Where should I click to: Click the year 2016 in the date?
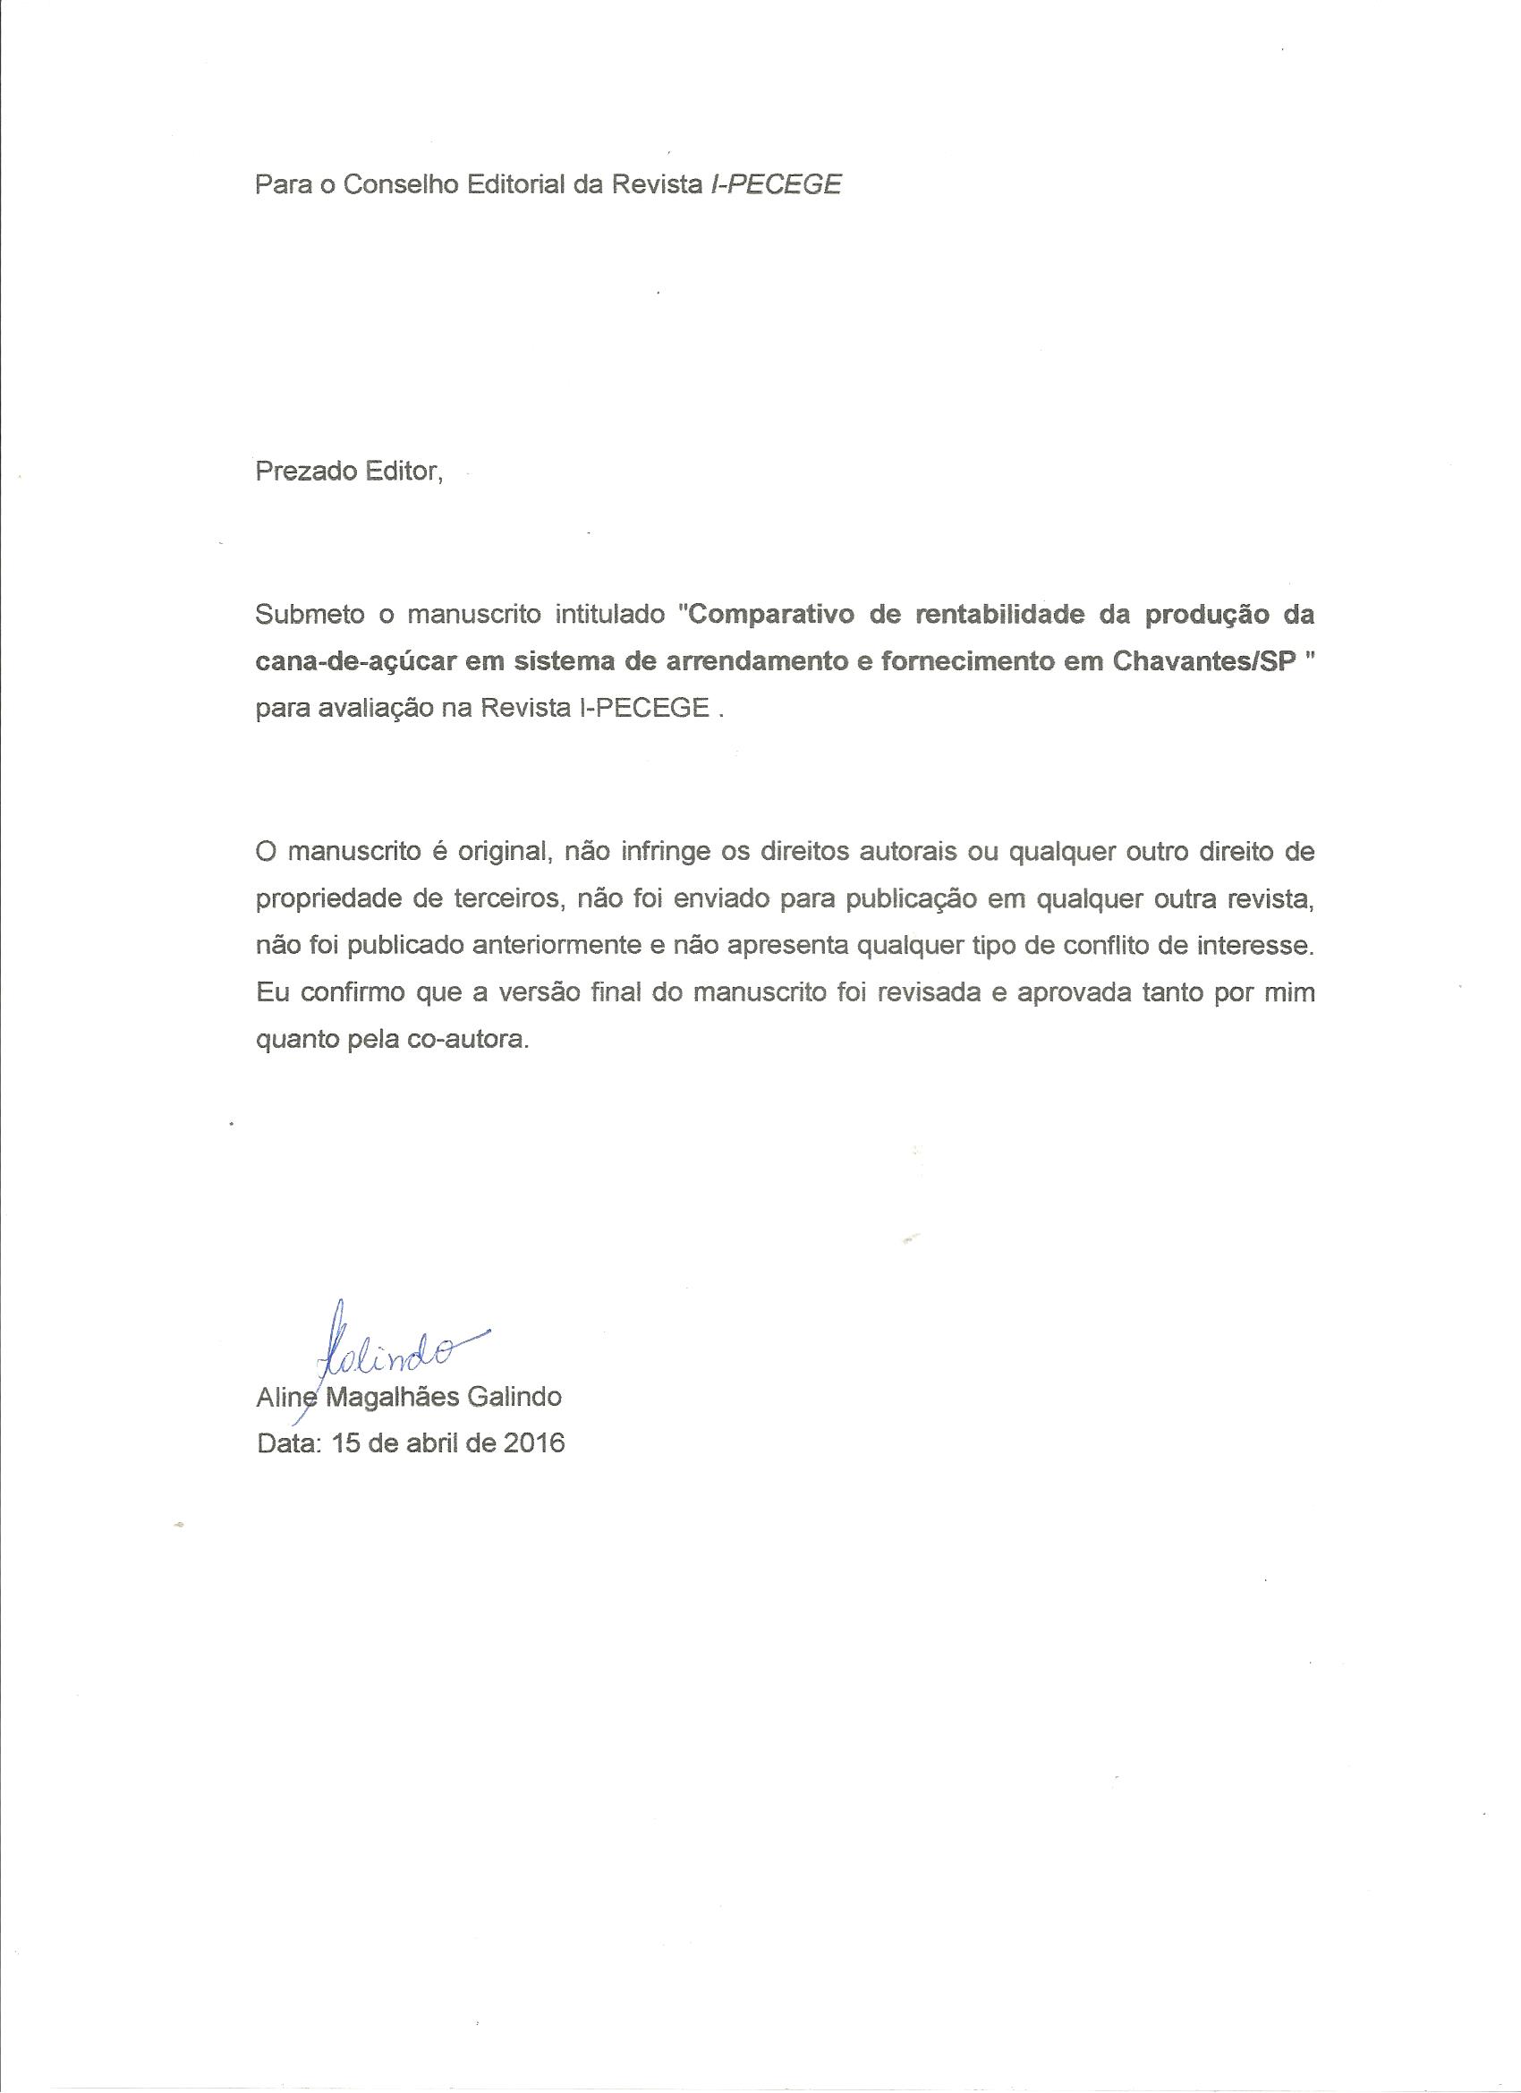[533, 1442]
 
